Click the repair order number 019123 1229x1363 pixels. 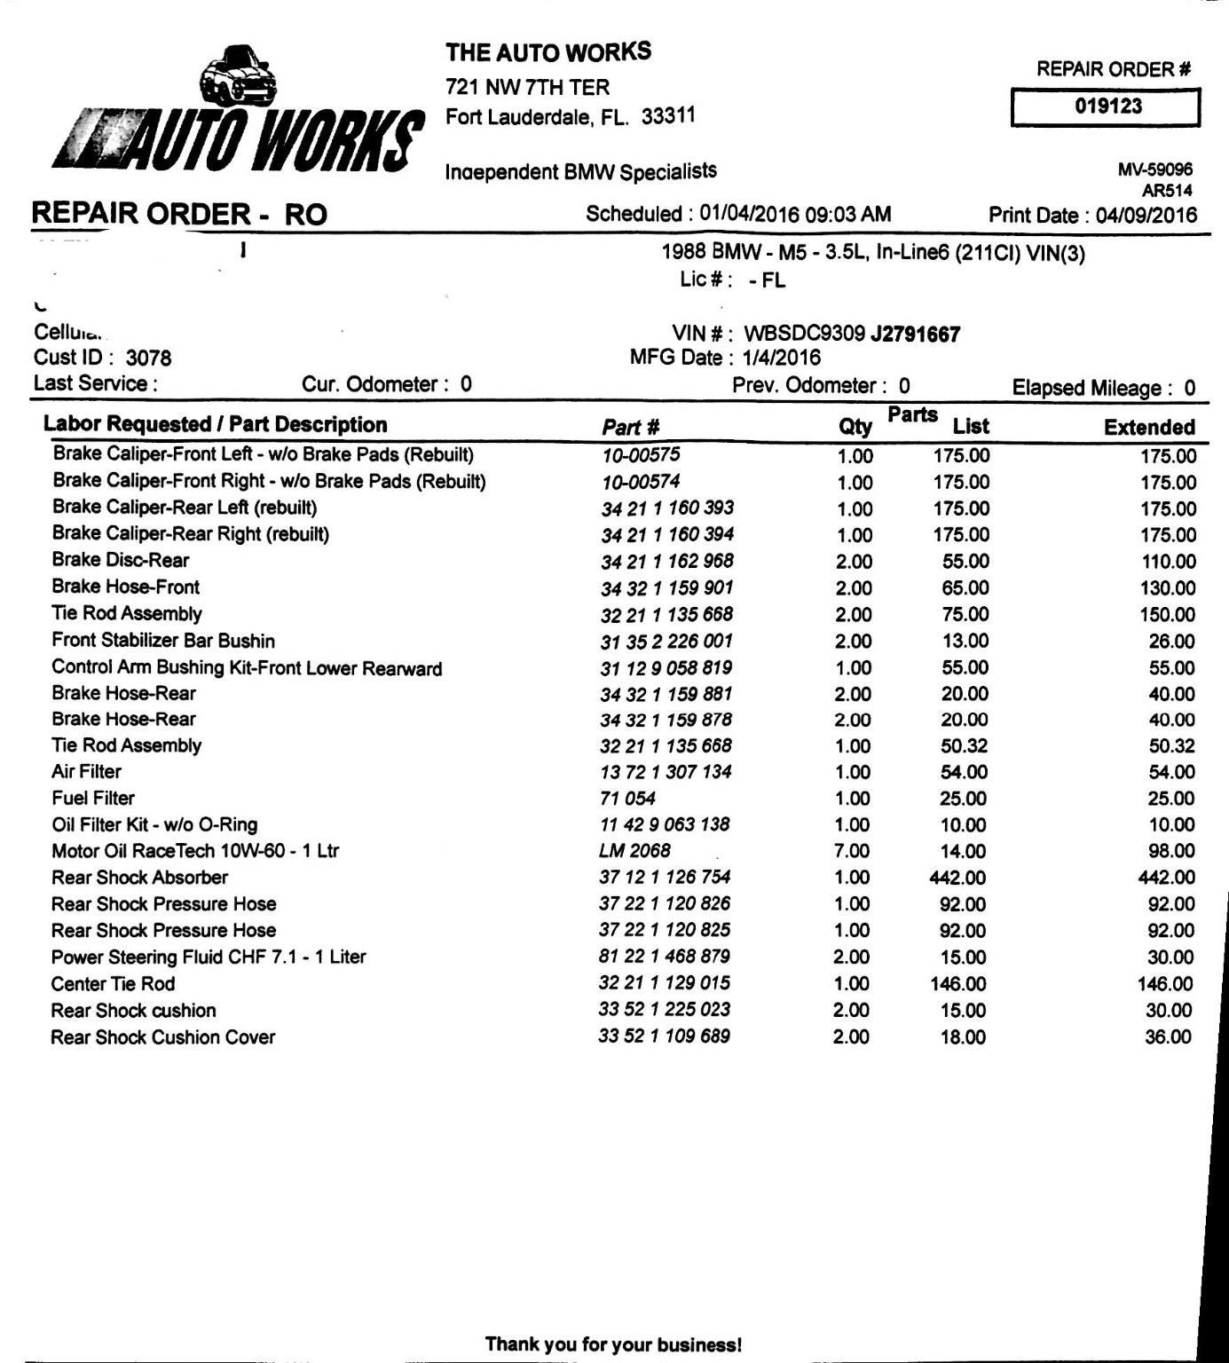[1107, 106]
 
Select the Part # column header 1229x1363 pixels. [630, 427]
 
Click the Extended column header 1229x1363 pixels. [1149, 427]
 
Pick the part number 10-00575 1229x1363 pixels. [641, 455]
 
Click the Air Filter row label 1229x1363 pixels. [86, 772]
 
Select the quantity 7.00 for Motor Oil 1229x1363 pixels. [852, 851]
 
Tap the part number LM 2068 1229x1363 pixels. [634, 850]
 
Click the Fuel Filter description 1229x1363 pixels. [93, 798]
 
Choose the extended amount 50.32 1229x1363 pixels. [1171, 746]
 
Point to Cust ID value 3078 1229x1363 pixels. [148, 358]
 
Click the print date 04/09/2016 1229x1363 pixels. [1146, 215]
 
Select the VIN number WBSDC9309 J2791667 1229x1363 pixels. [851, 334]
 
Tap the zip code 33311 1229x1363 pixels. [668, 116]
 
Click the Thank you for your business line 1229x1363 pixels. [613, 1343]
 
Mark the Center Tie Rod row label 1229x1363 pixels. [113, 983]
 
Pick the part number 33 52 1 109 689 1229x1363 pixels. [664, 1036]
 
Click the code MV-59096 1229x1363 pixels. [1154, 169]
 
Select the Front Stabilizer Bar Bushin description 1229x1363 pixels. [163, 641]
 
